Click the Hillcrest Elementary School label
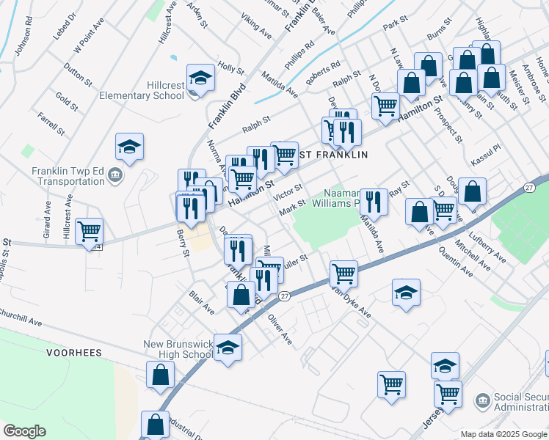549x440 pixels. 142,90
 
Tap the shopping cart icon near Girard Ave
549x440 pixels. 89,232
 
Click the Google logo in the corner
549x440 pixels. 24,431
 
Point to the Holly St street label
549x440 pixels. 230,68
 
